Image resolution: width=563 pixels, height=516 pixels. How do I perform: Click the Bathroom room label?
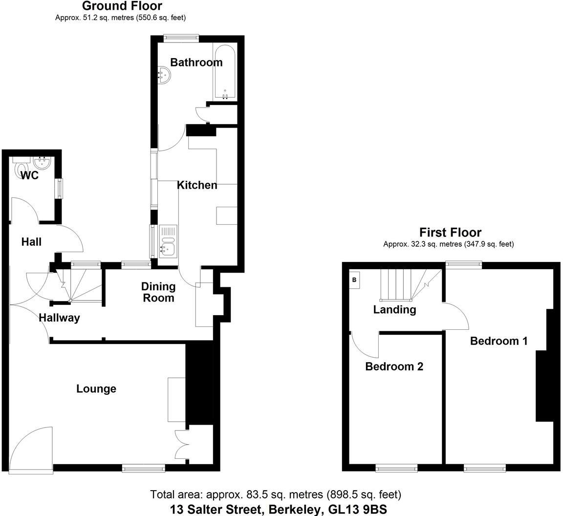[196, 62]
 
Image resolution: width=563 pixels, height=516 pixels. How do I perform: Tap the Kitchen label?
[197, 185]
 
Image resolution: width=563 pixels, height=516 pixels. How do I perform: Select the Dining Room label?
[158, 292]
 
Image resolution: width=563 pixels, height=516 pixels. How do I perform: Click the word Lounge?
[96, 388]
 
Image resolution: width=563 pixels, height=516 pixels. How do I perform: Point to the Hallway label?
[59, 318]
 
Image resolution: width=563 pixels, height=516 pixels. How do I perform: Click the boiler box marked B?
[354, 280]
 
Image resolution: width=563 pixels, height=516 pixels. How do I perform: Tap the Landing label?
[394, 309]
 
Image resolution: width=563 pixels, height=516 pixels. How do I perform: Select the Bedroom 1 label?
[498, 341]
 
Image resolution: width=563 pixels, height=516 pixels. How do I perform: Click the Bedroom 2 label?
[394, 366]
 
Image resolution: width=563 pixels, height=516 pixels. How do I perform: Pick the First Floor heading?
[450, 233]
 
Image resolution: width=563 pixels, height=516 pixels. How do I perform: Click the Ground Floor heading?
[122, 6]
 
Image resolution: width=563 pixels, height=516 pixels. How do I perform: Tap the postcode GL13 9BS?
[357, 510]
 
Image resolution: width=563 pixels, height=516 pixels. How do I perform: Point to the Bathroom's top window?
[181, 36]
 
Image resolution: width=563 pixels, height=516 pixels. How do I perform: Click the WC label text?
[30, 175]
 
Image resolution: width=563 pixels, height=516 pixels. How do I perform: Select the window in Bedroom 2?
[396, 469]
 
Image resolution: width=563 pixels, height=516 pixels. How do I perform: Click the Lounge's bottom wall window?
[143, 468]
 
